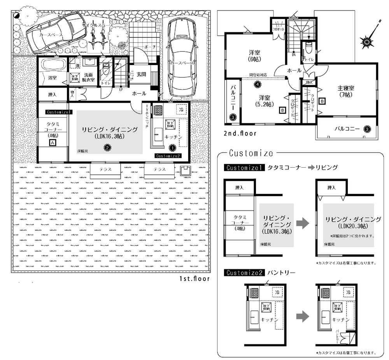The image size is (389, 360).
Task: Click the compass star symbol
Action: pyautogui.click(x=367, y=40)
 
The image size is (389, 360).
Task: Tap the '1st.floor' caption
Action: pyautogui.click(x=194, y=279)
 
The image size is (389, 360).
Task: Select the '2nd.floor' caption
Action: pyautogui.click(x=240, y=133)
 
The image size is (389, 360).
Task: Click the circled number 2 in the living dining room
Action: pyautogui.click(x=107, y=147)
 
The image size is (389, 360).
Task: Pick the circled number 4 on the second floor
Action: pyautogui.click(x=257, y=84)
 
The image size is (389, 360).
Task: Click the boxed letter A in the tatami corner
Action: pyautogui.click(x=52, y=143)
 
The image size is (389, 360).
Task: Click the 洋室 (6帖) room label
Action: pyautogui.click(x=255, y=56)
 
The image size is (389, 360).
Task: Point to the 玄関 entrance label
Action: pyautogui.click(x=142, y=74)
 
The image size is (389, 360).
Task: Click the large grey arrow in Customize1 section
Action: pyautogui.click(x=303, y=223)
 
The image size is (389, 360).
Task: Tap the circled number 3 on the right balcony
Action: pyautogui.click(x=366, y=128)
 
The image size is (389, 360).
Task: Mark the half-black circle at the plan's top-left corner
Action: pyautogui.click(x=16, y=15)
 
